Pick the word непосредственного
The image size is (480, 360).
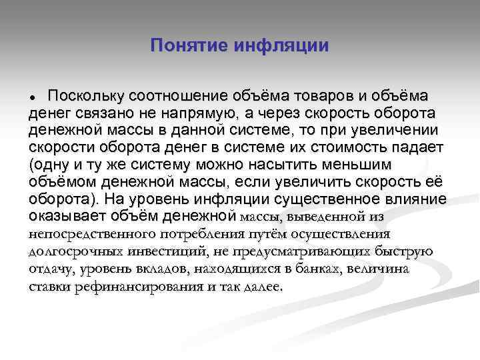click(93, 235)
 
